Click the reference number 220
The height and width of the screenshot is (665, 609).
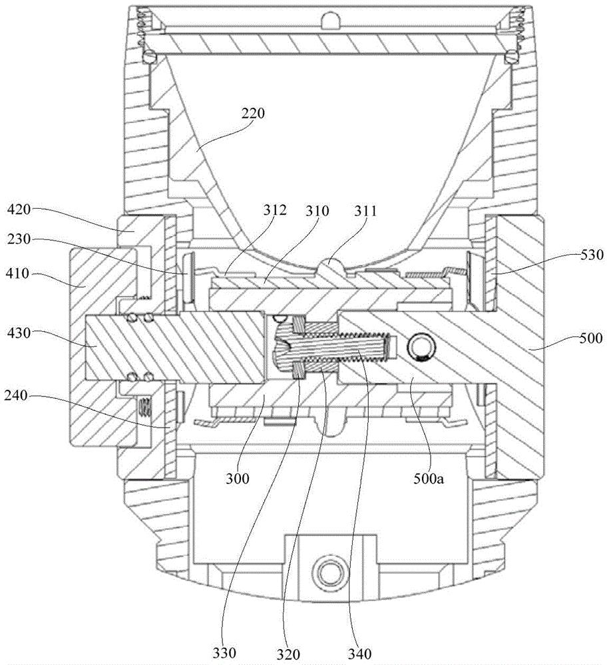click(x=253, y=113)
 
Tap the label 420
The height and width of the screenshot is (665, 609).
click(x=19, y=209)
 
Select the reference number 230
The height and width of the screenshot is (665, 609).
click(x=19, y=239)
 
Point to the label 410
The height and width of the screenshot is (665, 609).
click(x=17, y=273)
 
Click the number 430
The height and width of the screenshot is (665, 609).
click(x=19, y=333)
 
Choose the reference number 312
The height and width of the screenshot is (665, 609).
click(x=275, y=210)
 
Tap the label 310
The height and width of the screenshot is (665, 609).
click(x=317, y=211)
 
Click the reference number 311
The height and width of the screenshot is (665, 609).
click(x=365, y=211)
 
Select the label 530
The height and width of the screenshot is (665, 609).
click(x=591, y=255)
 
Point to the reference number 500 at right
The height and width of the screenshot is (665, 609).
click(x=590, y=338)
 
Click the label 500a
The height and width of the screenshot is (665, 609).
click(x=429, y=479)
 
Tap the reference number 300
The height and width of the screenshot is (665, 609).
click(x=237, y=479)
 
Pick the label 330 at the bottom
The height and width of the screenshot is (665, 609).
click(x=224, y=653)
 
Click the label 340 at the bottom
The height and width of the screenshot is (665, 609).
click(x=359, y=653)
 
